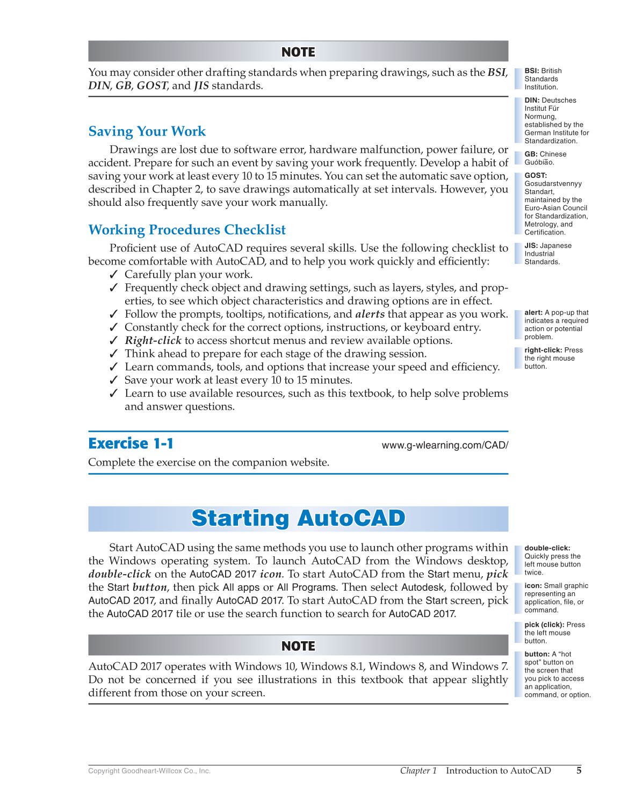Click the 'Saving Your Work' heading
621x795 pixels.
147,132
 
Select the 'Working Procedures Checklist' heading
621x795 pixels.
186,230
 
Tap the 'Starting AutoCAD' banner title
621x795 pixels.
298,518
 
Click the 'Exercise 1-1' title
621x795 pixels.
131,443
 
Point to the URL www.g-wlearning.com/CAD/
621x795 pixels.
444,445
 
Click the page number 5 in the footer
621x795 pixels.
579,770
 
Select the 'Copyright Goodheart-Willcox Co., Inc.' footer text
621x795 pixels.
149,771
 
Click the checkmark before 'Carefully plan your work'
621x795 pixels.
113,275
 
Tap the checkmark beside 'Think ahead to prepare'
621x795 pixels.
113,354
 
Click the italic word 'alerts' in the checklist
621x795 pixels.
370,314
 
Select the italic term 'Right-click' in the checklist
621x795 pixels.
153,341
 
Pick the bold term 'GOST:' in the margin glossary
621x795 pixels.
536,175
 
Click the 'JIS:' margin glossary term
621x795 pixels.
531,246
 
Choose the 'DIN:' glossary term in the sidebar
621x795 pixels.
532,101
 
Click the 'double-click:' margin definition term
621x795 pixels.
547,548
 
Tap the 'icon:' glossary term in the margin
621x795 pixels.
533,586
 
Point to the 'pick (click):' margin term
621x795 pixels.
544,625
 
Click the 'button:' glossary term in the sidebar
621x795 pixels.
537,654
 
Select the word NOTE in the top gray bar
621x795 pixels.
298,52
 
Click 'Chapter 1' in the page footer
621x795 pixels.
418,770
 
